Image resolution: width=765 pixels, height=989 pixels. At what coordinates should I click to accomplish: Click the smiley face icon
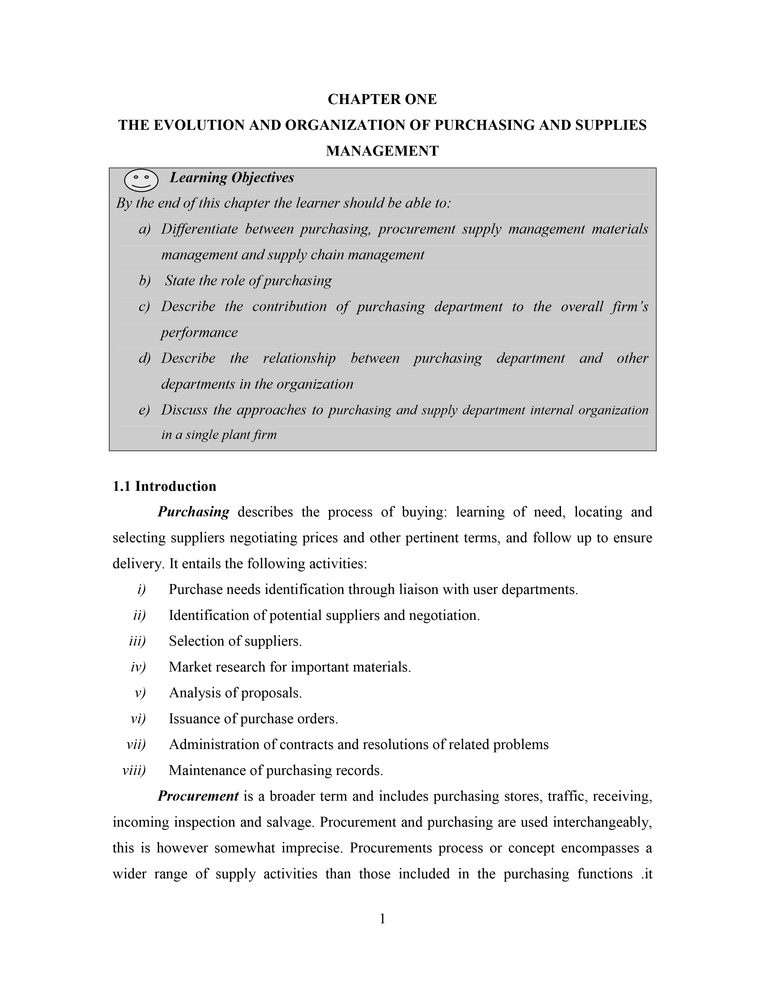point(141,180)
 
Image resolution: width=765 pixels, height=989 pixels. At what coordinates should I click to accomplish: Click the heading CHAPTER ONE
point(382,99)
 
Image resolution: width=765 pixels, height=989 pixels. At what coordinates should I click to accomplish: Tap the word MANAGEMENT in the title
point(382,151)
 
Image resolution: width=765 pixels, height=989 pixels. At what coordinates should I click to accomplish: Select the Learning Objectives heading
point(232,177)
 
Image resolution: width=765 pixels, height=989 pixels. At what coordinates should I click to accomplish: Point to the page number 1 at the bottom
point(382,919)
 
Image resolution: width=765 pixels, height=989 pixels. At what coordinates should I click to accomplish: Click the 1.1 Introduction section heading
point(164,486)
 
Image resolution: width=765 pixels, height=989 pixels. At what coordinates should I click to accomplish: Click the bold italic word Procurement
point(198,796)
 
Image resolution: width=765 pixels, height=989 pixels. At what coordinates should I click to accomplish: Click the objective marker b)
point(145,281)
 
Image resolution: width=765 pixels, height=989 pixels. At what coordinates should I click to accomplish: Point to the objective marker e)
point(145,410)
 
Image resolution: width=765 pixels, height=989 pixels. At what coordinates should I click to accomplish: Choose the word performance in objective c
point(199,332)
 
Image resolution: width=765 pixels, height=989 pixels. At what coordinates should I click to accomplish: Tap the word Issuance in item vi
point(195,719)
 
